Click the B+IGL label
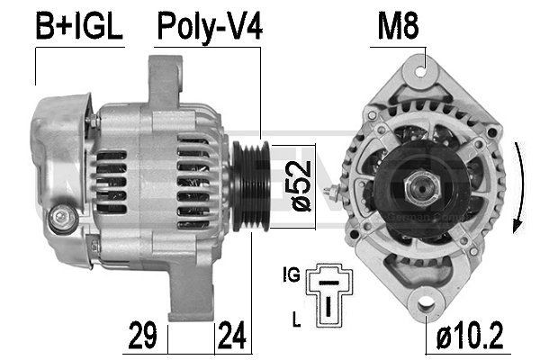[77, 27]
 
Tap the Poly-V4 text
[210, 27]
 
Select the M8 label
[396, 27]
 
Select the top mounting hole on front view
[424, 67]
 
